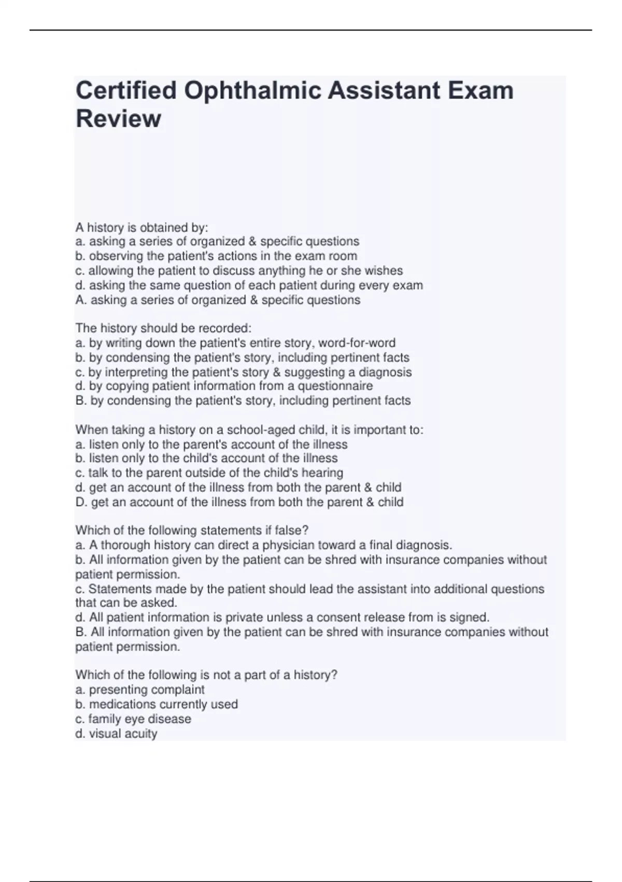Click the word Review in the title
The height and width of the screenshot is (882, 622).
point(118,119)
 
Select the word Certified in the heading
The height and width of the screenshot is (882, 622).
point(126,91)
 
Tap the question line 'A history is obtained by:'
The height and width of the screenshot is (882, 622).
point(142,227)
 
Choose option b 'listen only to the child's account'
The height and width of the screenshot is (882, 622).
point(206,459)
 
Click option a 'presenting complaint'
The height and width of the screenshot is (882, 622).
point(140,690)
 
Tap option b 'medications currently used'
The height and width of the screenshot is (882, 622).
point(157,705)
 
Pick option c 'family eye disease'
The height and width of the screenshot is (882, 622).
point(133,719)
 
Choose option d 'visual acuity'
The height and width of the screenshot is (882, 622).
point(116,734)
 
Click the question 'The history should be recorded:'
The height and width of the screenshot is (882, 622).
point(163,328)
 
